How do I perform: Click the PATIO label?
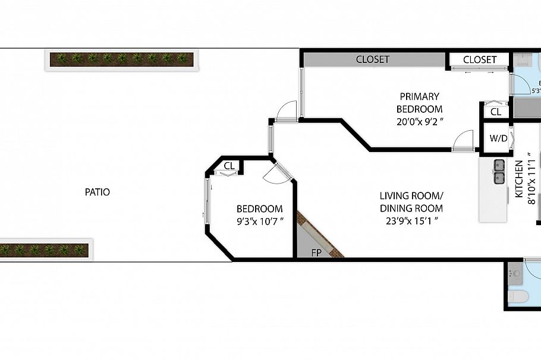(x=97, y=192)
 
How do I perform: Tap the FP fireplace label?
(x=316, y=252)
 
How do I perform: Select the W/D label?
(x=498, y=138)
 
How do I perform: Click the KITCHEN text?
(x=518, y=179)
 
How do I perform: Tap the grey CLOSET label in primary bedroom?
(x=372, y=59)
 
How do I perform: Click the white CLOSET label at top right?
(x=479, y=59)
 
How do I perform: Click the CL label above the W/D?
(x=496, y=112)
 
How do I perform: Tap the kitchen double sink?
(x=499, y=170)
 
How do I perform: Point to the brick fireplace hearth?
(x=320, y=235)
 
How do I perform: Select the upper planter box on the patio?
(x=121, y=59)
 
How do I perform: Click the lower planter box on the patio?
(x=45, y=250)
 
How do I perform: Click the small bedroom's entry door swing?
(x=277, y=172)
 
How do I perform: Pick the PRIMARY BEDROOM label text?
(x=420, y=102)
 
